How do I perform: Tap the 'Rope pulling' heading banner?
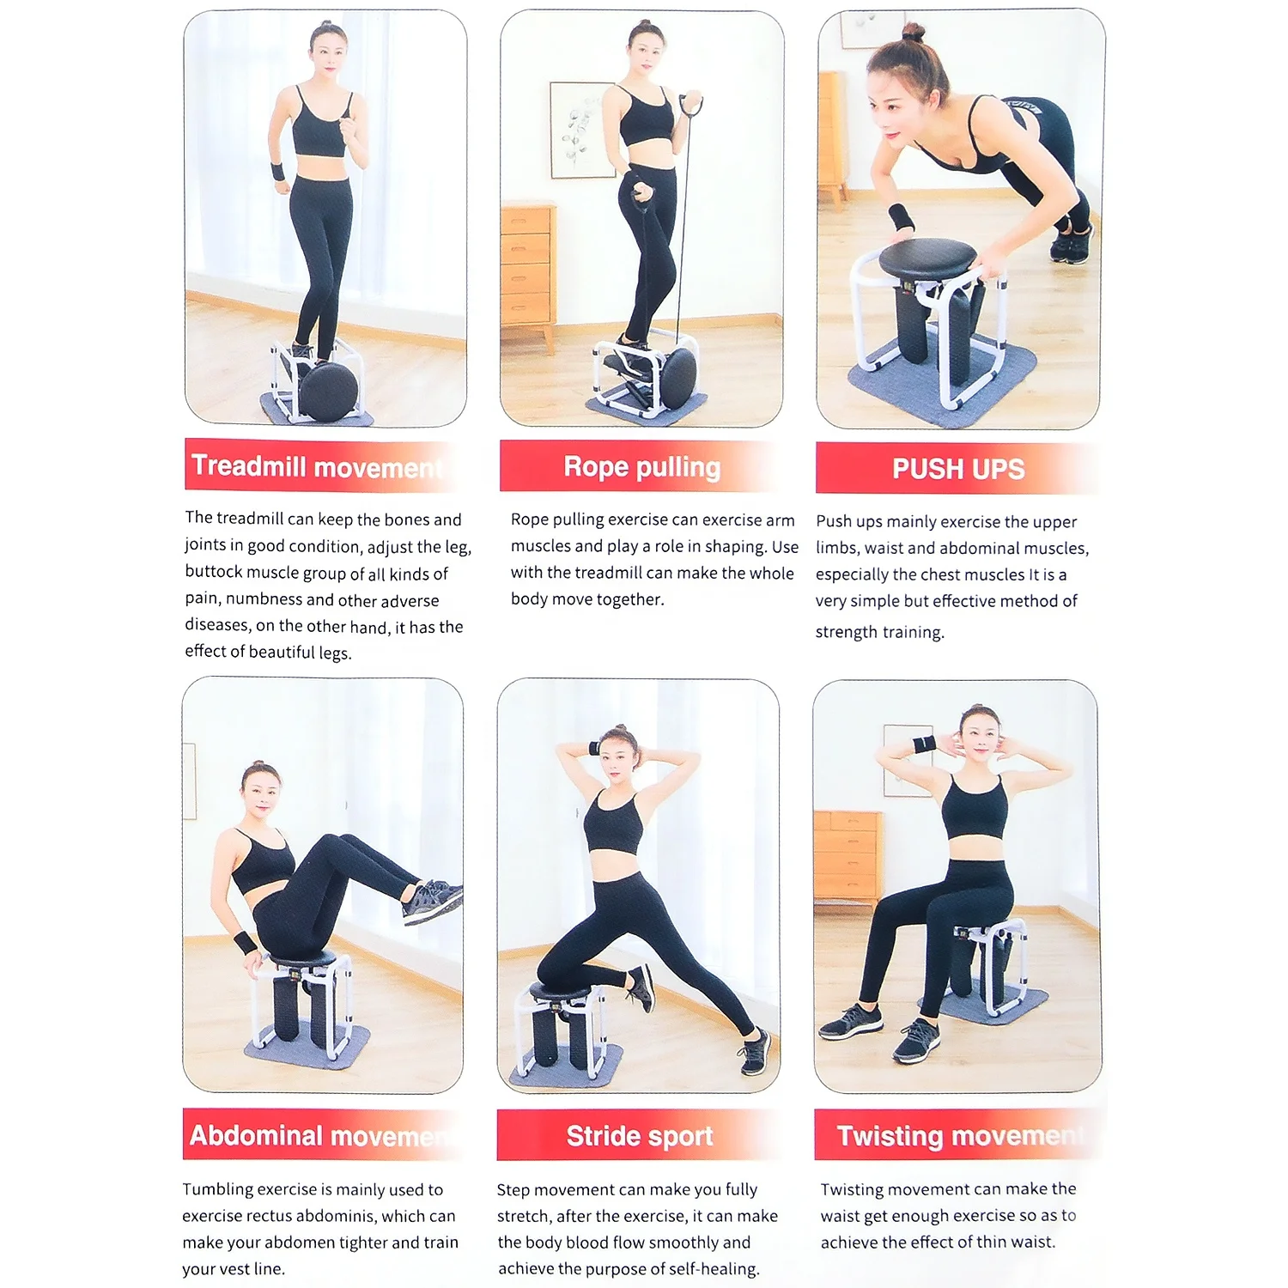(x=641, y=467)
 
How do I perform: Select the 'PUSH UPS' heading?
(x=957, y=469)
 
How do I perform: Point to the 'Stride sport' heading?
(x=639, y=1135)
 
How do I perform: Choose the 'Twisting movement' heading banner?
(x=957, y=1135)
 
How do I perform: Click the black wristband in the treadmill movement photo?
(x=277, y=171)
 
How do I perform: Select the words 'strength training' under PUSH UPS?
(x=879, y=632)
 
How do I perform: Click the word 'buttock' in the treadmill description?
(x=214, y=573)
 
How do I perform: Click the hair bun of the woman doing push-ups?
(x=914, y=32)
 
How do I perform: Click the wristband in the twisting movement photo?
(x=923, y=744)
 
